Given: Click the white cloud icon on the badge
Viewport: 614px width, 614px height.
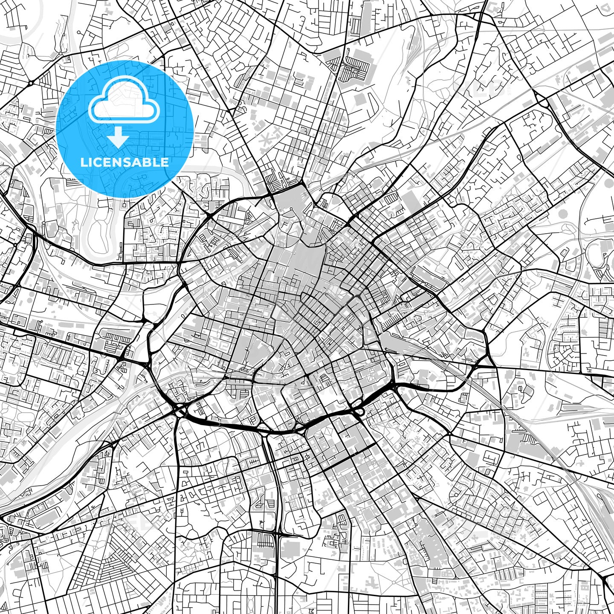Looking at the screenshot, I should [124, 104].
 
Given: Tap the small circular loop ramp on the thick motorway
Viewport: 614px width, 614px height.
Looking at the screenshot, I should [360, 411].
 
